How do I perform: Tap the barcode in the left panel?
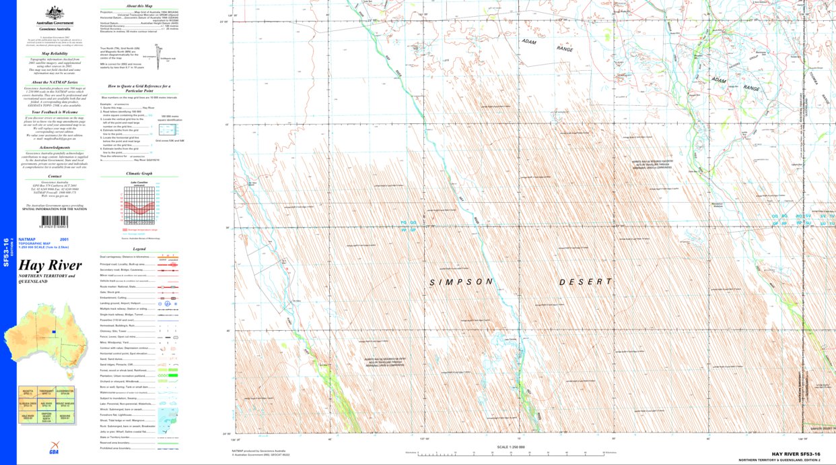(x=55, y=221)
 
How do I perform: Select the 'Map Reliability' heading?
(x=55, y=53)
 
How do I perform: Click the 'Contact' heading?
(x=55, y=177)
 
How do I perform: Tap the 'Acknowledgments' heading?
(x=55, y=148)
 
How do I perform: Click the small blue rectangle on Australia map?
(x=53, y=332)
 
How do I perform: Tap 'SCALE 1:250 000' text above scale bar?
(x=510, y=447)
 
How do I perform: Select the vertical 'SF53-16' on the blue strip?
(x=6, y=253)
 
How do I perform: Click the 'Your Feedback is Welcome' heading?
(x=55, y=112)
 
